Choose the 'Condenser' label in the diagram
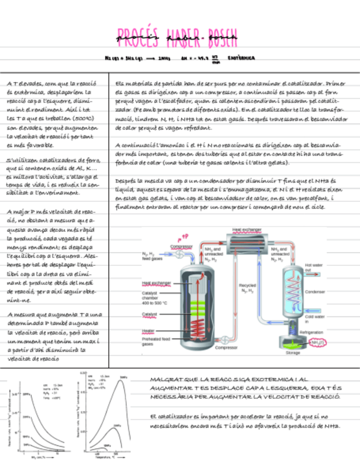[314, 292]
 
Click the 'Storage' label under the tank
[293, 353]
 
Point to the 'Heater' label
[148, 331]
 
